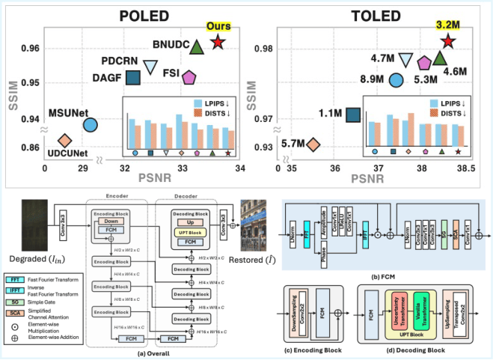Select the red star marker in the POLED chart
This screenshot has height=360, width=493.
(x=217, y=43)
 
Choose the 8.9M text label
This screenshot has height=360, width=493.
(x=370, y=79)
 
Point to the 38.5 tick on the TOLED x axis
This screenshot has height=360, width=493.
(x=465, y=171)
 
